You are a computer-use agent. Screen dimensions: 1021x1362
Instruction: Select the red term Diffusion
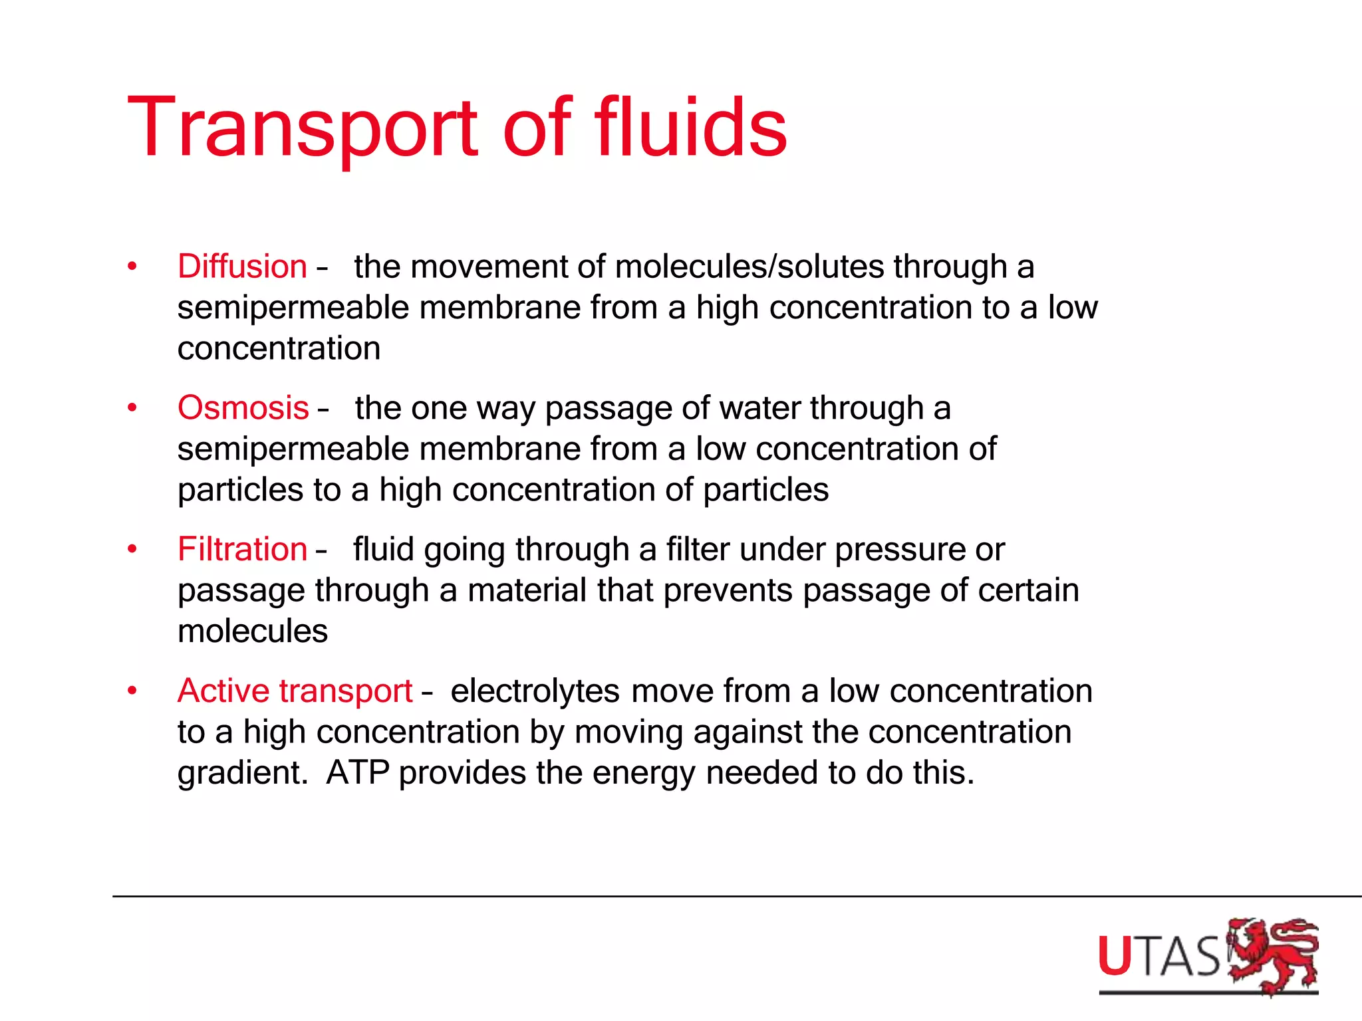pyautogui.click(x=242, y=267)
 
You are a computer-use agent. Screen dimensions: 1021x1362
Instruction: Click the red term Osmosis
pyautogui.click(x=243, y=407)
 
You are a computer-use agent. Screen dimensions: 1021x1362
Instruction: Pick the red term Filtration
pyautogui.click(x=242, y=550)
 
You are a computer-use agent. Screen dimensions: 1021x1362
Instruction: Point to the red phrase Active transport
pyautogui.click(x=295, y=691)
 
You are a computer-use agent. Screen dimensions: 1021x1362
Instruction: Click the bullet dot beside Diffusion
pyautogui.click(x=132, y=267)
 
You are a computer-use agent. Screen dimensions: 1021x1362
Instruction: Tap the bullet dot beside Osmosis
pyautogui.click(x=132, y=408)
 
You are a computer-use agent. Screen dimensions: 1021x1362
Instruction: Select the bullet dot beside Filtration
pyautogui.click(x=132, y=550)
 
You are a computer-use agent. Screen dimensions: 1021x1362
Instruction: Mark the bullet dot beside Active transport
pyautogui.click(x=132, y=691)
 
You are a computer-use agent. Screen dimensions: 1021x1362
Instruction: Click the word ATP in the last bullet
pyautogui.click(x=357, y=772)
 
